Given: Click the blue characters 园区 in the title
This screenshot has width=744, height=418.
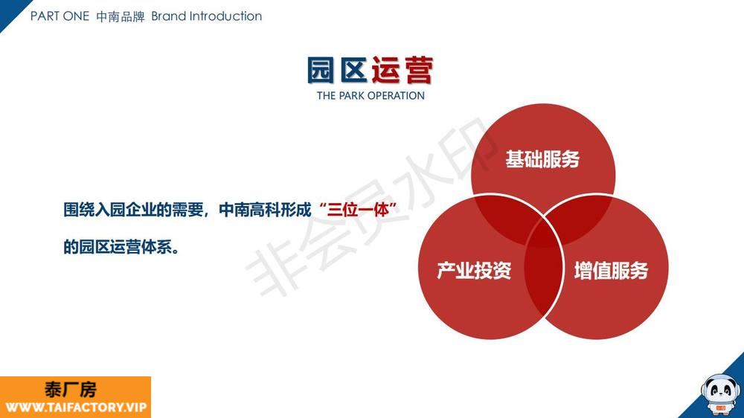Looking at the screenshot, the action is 337,70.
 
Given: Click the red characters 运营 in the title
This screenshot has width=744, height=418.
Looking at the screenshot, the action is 403,70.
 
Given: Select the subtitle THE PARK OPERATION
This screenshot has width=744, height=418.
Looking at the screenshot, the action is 371,96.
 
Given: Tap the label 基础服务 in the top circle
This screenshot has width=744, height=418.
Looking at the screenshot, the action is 542,159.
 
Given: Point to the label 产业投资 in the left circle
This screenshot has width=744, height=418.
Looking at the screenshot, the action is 474,271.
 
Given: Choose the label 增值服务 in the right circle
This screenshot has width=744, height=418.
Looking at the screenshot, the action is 611,271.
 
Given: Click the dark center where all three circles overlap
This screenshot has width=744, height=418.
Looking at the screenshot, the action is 544,234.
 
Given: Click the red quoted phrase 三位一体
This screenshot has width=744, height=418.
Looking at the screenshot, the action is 359,209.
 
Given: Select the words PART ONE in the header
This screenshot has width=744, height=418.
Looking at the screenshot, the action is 60,16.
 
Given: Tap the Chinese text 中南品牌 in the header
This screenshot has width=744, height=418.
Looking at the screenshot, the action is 121,16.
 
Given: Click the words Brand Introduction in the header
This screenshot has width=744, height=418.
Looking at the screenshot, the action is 206,16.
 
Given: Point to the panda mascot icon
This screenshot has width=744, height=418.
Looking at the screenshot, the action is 720,393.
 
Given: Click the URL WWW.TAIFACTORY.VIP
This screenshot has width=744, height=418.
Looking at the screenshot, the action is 76,408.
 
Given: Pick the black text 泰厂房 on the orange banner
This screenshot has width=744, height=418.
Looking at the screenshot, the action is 71,390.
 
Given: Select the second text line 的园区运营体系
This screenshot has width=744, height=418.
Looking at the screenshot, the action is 121,247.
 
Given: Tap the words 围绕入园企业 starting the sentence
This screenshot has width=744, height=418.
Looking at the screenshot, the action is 109,209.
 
